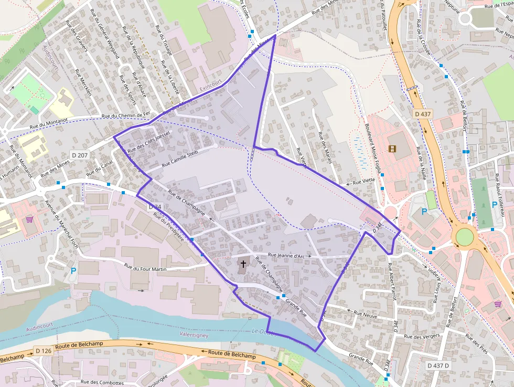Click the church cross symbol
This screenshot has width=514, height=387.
click(x=243, y=264)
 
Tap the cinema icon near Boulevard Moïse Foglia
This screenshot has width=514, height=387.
click(x=392, y=149)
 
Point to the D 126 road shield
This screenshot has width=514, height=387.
click(x=44, y=350)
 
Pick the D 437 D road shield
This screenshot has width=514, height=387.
click(x=440, y=365)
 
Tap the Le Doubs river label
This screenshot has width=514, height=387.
click(x=262, y=331)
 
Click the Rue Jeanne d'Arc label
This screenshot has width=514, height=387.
click(x=286, y=256)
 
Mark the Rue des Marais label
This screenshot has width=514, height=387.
click(x=325, y=147)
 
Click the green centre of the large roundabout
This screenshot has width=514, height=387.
click(x=464, y=236)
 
